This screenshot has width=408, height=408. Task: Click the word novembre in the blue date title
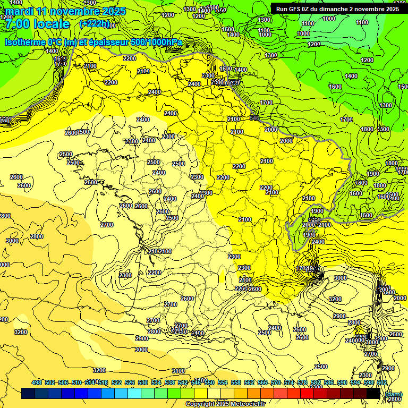[77, 11]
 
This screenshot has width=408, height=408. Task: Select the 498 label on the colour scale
[37, 382]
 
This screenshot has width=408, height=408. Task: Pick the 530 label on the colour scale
[143, 382]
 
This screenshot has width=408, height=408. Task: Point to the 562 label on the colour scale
[249, 382]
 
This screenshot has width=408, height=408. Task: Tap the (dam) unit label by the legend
[394, 394]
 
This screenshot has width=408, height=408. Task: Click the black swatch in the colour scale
[373, 394]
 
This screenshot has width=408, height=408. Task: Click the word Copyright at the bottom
[200, 404]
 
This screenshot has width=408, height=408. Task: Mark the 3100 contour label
[178, 371]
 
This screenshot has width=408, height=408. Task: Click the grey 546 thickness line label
[254, 118]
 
